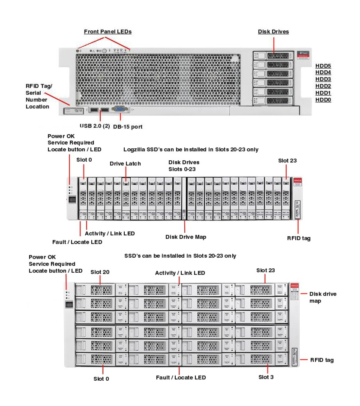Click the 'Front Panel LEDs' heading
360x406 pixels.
pyautogui.click(x=108, y=31)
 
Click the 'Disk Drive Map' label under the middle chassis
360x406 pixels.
pyautogui.click(x=185, y=236)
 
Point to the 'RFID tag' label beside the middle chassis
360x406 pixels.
pyautogui.click(x=299, y=238)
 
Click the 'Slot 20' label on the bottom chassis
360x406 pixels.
pyautogui.click(x=101, y=272)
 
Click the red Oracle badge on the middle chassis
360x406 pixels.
pyautogui.click(x=297, y=182)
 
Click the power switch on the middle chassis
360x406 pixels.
pyautogui.click(x=72, y=200)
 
